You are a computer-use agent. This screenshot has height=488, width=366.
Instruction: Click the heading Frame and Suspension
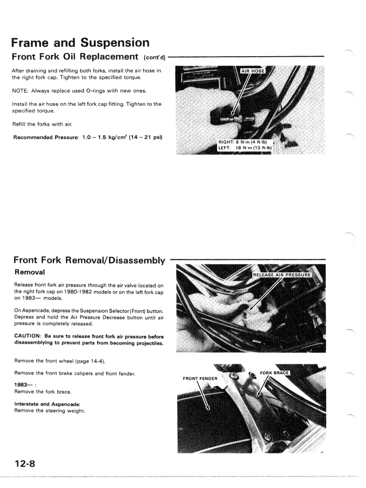80,43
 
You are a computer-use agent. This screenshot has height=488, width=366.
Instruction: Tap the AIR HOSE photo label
254,70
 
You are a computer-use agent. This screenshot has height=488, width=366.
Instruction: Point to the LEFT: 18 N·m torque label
245,148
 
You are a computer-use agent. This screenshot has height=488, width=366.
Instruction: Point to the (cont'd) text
154,57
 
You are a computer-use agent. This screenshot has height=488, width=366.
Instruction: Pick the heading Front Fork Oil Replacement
75,57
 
